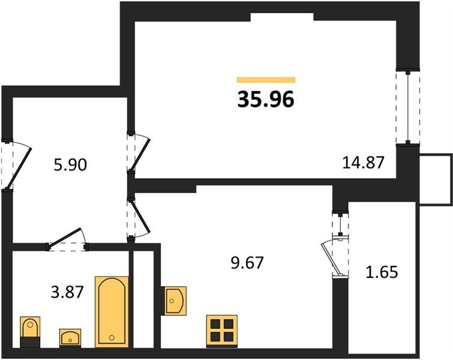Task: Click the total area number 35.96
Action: pyautogui.click(x=266, y=99)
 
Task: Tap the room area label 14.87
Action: pyautogui.click(x=364, y=162)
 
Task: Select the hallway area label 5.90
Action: pyautogui.click(x=70, y=165)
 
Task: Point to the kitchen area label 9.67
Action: pyautogui.click(x=247, y=263)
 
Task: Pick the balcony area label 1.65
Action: pyautogui.click(x=382, y=272)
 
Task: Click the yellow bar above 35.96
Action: pyautogui.click(x=266, y=80)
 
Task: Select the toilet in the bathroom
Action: pyautogui.click(x=30, y=332)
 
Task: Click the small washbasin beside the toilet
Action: pyautogui.click(x=70, y=337)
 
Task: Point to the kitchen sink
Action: pyautogui.click(x=174, y=301)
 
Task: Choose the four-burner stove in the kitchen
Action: pyautogui.click(x=222, y=331)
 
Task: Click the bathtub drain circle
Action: pyautogui.click(x=112, y=337)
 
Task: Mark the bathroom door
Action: pyautogui.click(x=67, y=239)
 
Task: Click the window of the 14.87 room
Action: pyautogui.click(x=407, y=107)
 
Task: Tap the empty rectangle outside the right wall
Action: pyautogui.click(x=436, y=180)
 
